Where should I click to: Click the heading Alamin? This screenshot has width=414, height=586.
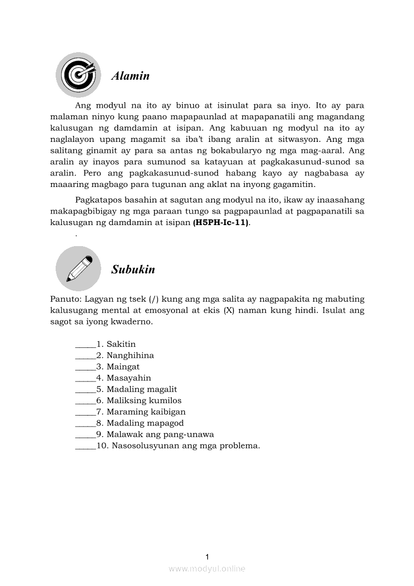pos(130,76)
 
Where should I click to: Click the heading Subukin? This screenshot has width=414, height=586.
pos(133,270)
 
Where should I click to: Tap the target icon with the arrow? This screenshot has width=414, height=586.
pos(77,75)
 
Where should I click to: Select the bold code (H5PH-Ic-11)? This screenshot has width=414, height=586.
pos(221,223)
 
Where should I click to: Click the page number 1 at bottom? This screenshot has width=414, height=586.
pos(207,556)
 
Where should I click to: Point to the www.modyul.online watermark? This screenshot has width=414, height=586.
pos(207,568)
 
